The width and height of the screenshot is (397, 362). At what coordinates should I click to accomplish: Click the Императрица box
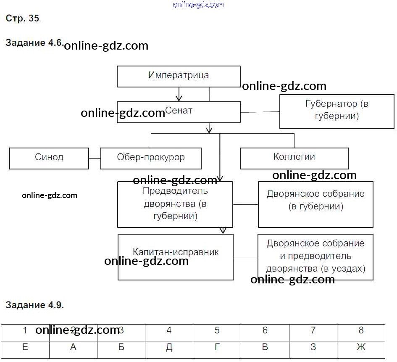point(179,76)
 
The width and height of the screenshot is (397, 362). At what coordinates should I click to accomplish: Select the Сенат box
point(179,112)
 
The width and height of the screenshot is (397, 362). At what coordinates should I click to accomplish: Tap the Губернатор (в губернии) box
point(337,111)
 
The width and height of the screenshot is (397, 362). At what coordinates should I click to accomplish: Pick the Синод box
point(49,158)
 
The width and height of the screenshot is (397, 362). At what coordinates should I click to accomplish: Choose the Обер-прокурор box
point(151,158)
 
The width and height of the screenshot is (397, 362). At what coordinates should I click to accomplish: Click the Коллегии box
point(294,158)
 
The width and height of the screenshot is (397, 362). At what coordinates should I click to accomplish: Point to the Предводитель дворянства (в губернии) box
point(175,204)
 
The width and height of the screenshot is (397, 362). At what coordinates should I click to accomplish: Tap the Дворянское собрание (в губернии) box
point(315,204)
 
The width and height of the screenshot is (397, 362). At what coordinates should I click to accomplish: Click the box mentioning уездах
point(315,257)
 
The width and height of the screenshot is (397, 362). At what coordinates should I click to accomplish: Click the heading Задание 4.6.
point(34,43)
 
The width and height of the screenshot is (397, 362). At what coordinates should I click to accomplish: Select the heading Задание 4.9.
point(34,305)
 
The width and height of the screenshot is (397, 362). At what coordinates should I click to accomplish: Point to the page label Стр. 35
point(23,18)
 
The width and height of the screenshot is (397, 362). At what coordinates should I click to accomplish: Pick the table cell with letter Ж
point(361,348)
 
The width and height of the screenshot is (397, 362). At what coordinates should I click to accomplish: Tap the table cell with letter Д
point(169,348)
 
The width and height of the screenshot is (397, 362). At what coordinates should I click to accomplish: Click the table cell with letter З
point(313,348)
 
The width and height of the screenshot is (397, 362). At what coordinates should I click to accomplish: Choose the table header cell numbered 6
point(265,331)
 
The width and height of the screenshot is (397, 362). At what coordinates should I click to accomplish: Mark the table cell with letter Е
point(25,348)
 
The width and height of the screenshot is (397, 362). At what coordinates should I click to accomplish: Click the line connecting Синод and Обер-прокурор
point(95,159)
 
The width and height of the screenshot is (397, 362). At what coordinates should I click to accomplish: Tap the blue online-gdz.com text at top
point(198,5)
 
